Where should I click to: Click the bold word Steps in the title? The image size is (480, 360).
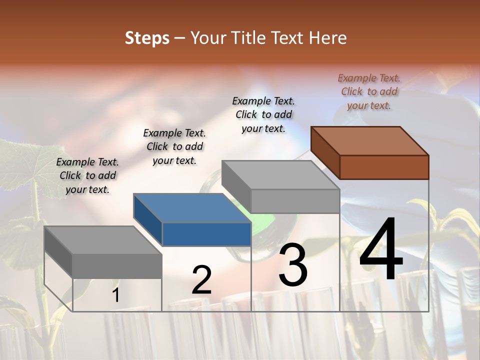point(147,38)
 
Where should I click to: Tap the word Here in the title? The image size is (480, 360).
point(327,38)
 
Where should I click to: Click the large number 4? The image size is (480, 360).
point(381,250)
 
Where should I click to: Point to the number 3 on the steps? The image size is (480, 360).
point(292,266)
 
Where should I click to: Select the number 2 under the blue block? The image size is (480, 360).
point(201,280)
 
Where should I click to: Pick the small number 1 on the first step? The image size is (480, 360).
point(115,295)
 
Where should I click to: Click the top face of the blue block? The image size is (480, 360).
point(192,207)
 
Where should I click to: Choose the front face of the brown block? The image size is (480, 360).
point(384,167)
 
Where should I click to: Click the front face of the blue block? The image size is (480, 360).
point(206,234)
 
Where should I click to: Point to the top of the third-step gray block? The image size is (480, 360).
point(280,175)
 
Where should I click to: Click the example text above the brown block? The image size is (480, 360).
point(369,92)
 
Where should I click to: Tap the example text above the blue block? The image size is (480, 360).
point(174,146)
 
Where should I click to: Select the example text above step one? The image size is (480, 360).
point(87,175)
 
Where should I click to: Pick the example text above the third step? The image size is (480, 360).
point(263,114)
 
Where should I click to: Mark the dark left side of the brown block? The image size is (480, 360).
point(325,152)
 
